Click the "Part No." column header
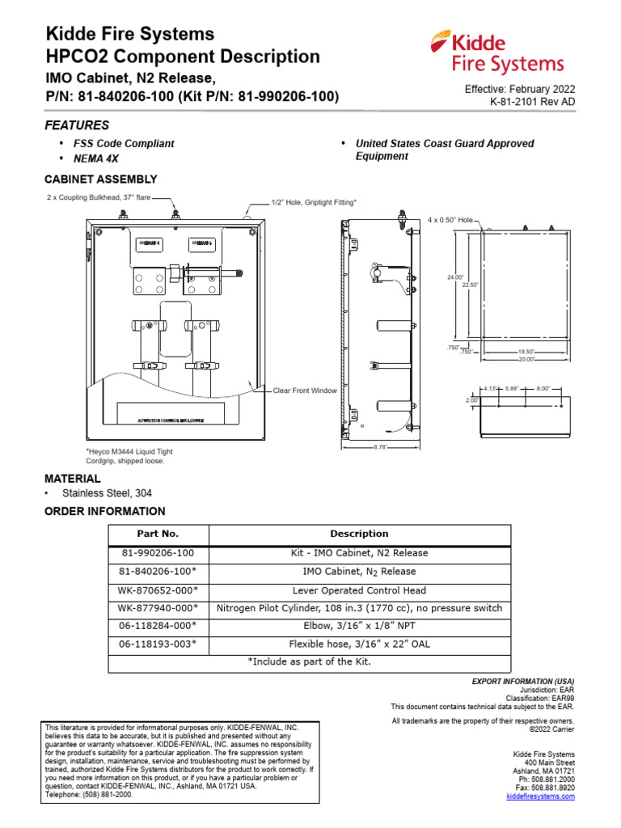click(158, 534)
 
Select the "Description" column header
click(359, 534)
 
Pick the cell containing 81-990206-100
click(158, 553)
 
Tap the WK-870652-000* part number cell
click(158, 590)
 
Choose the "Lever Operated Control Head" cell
click(359, 590)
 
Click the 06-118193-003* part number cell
click(158, 644)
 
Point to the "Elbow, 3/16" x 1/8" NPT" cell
click(359, 627)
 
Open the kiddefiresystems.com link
click(540, 796)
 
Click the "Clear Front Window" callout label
click(304, 391)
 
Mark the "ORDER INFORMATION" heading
click(104, 511)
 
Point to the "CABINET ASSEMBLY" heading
click(101, 180)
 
